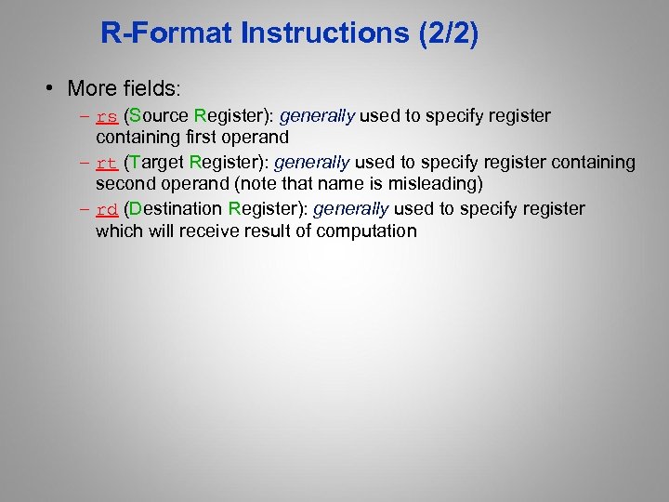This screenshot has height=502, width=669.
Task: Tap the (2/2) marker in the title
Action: click(450, 35)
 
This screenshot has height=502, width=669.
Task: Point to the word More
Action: click(92, 89)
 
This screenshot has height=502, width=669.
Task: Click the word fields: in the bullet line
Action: click(152, 89)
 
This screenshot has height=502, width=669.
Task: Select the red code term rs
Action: click(107, 117)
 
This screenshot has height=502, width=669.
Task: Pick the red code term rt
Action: click(107, 164)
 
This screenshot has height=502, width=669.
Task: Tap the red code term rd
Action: click(107, 209)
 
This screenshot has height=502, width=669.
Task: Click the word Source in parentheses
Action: click(159, 116)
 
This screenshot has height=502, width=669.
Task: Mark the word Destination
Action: click(177, 208)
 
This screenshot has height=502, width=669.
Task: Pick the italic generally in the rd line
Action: click(350, 208)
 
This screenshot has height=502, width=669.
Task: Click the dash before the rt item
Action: click(85, 164)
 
